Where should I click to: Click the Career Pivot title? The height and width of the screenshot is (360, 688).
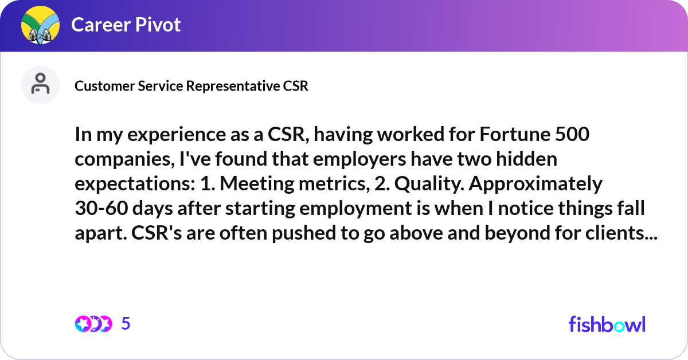126,25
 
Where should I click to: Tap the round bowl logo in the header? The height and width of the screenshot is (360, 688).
41,25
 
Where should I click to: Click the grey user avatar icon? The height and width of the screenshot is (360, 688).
40,85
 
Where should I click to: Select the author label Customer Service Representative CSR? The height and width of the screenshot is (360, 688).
191,86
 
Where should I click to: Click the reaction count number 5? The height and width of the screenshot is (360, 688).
126,324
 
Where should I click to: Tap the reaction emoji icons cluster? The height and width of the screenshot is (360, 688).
93,324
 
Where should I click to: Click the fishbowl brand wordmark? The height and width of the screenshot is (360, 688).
607,324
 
